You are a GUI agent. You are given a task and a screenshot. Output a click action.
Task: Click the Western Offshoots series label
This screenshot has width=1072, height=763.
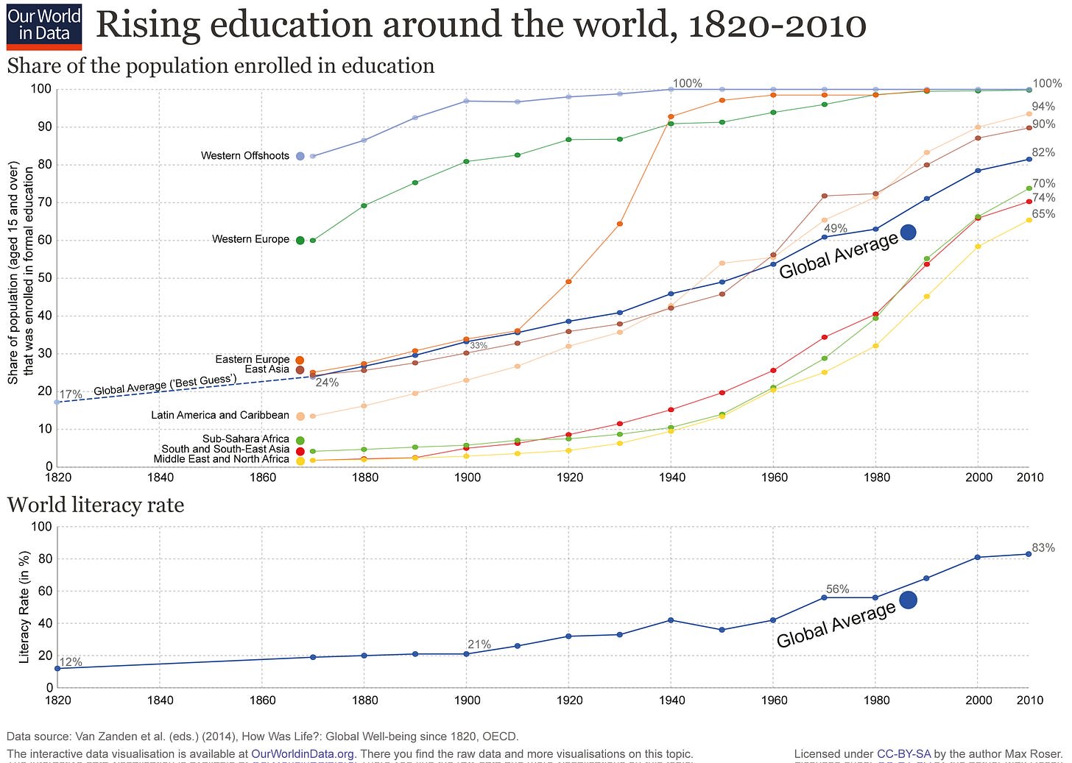244,156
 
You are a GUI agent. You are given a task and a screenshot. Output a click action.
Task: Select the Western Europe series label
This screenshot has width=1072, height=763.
250,239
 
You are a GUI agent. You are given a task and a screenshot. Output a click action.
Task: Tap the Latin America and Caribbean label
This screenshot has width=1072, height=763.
220,415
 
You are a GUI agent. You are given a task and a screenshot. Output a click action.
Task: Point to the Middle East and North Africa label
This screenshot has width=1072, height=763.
221,459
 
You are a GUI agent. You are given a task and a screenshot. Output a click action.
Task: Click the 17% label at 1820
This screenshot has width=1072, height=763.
71,394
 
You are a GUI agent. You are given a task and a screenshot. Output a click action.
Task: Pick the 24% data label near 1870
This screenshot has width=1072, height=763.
327,383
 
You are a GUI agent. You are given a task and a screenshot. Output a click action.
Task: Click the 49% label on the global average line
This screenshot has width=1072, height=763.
836,229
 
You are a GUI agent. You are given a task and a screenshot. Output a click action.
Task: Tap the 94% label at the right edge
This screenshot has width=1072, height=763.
1043,107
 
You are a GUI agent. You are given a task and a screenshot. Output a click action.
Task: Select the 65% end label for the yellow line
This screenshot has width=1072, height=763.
1043,214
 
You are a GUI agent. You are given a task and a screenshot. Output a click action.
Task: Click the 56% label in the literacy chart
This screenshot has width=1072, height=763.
837,589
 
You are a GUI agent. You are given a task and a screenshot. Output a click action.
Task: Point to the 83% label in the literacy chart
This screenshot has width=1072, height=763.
1043,547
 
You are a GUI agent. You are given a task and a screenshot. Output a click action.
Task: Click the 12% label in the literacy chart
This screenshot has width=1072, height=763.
71,662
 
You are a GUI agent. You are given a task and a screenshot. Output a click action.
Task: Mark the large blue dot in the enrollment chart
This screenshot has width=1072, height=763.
908,233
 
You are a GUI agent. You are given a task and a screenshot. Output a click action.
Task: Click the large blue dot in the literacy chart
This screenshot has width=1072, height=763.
908,600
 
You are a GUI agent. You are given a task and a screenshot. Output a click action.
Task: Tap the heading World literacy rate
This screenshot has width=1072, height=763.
95,505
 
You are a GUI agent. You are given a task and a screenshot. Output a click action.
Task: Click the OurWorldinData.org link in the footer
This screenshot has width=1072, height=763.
303,754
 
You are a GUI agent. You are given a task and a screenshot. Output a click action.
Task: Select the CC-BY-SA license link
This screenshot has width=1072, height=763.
904,754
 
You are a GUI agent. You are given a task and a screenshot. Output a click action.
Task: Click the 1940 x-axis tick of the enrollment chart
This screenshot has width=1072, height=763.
671,478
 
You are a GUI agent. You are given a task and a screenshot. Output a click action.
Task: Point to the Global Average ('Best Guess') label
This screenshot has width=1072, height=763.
165,384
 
